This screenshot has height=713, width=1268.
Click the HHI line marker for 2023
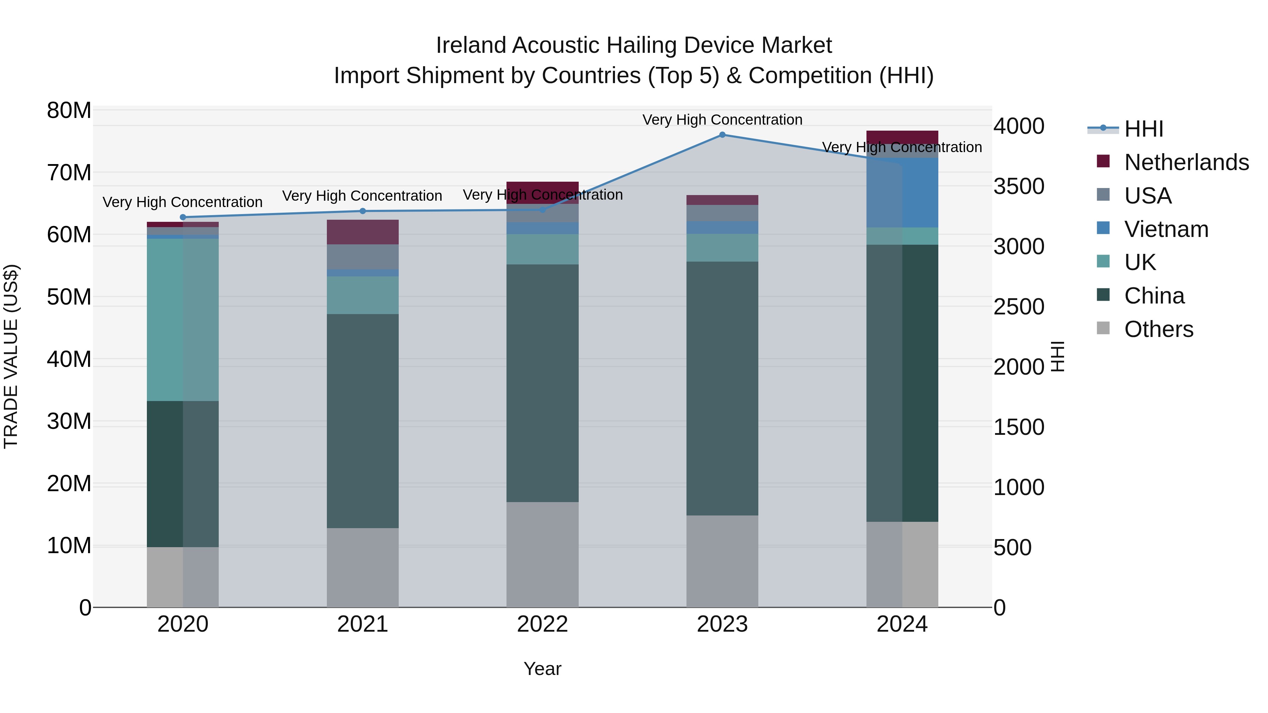pyautogui.click(x=722, y=135)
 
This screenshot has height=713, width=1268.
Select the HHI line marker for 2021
pyautogui.click(x=363, y=211)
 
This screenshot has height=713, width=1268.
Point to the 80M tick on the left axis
pyautogui.click(x=69, y=110)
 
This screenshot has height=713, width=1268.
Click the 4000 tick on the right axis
pyautogui.click(x=1018, y=126)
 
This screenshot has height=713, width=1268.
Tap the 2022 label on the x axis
pyautogui.click(x=542, y=624)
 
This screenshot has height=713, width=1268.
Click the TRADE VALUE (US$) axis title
pyautogui.click(x=11, y=356)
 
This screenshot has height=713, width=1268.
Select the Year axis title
pyautogui.click(x=542, y=669)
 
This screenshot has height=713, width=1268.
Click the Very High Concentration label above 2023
pyautogui.click(x=722, y=120)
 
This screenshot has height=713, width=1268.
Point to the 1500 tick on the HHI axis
pyautogui.click(x=1018, y=427)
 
